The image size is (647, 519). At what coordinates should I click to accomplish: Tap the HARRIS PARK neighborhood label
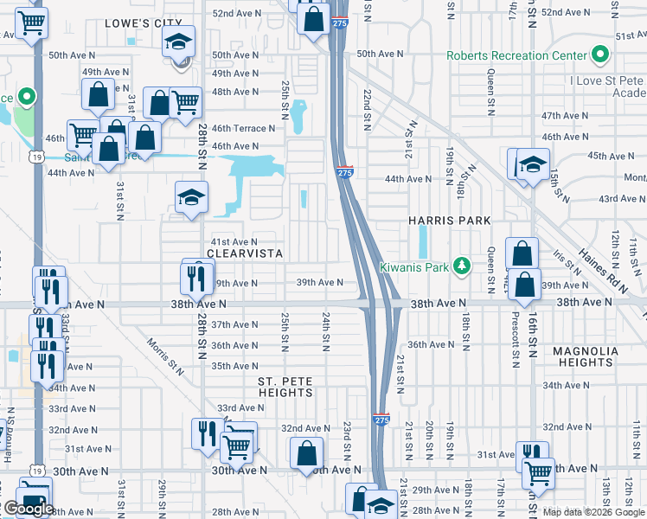tap(444, 221)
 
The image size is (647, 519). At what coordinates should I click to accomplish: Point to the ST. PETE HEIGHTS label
tap(285, 387)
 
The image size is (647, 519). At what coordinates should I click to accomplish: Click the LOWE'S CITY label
tap(144, 24)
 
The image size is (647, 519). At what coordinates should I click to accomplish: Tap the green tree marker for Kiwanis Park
tap(463, 266)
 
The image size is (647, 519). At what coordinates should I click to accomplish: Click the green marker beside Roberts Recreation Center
tap(599, 55)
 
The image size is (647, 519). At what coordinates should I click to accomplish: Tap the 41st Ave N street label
tap(234, 241)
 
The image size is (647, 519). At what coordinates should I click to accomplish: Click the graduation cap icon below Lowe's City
tap(178, 42)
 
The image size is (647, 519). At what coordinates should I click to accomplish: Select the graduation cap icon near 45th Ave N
tap(533, 164)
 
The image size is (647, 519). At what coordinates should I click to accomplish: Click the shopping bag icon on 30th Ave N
tap(306, 452)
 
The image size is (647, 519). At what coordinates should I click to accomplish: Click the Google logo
tap(28, 509)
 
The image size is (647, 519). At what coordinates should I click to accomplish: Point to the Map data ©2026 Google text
tap(593, 512)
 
